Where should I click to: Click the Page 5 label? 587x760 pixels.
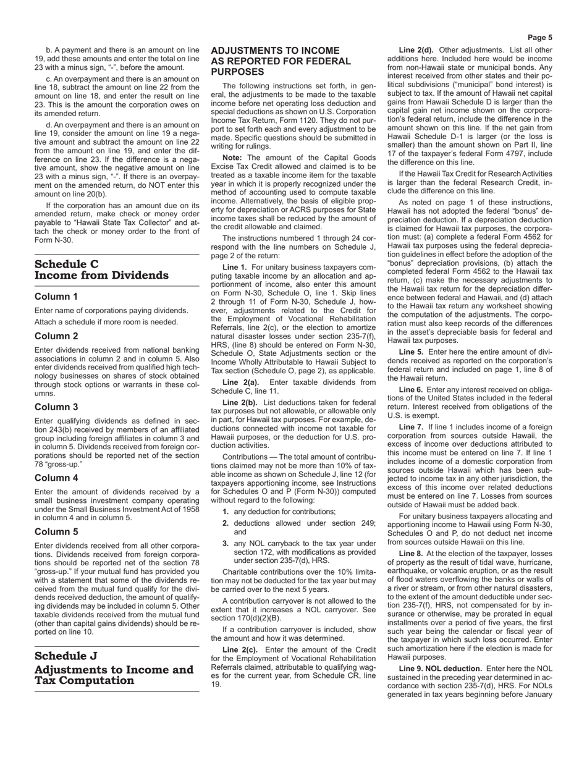pos(540,37)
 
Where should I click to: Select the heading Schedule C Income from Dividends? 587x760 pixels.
pos(101,270)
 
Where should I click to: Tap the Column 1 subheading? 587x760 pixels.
pos(56,297)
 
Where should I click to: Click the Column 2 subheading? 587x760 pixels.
pos(56,336)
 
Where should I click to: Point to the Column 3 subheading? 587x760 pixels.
pos(56,407)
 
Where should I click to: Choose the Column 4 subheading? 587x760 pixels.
pos(56,478)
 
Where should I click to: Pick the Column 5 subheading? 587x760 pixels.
pos(56,531)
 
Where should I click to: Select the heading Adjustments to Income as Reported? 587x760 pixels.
pos(281,61)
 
